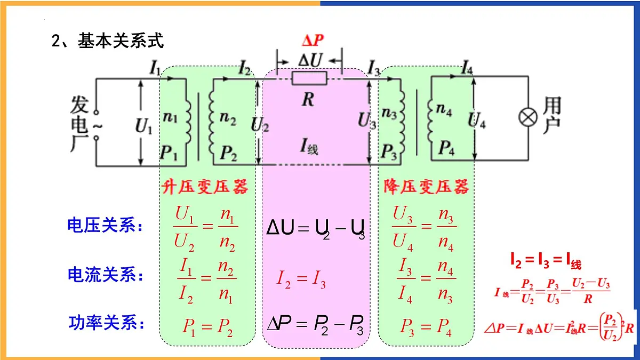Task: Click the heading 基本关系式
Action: click(121, 41)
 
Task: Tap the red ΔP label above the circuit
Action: click(313, 41)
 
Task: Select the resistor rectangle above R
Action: click(309, 78)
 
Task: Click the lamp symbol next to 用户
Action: click(528, 117)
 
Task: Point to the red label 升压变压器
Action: click(205, 187)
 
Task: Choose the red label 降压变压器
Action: click(426, 187)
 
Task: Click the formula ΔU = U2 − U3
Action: click(315, 229)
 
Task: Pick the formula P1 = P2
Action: click(207, 327)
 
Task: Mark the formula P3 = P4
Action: click(426, 327)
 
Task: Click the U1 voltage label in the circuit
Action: click(143, 126)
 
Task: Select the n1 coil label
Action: click(170, 117)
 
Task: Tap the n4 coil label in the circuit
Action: click(444, 109)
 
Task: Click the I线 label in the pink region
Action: click(309, 146)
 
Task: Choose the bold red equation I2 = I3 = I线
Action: click(546, 262)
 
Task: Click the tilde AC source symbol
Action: click(97, 126)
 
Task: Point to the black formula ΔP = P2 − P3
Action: click(315, 326)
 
